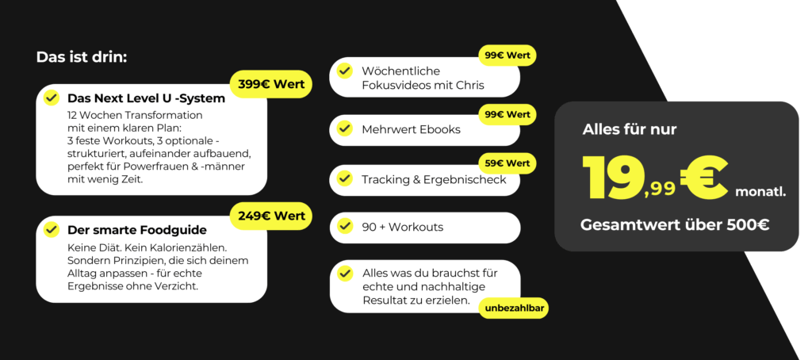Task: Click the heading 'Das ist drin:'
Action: [82, 57]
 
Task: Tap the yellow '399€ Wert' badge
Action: [270, 83]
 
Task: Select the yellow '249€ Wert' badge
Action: [270, 215]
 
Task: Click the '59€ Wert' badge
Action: [507, 163]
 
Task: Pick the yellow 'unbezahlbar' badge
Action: [513, 307]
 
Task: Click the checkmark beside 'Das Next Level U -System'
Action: [52, 98]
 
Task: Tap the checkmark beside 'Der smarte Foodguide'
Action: [52, 229]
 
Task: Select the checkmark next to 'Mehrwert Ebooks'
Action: [344, 128]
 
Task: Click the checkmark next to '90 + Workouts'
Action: [344, 227]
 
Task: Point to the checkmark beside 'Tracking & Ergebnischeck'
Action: [344, 178]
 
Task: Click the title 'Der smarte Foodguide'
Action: [137, 230]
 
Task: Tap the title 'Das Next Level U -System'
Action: [146, 98]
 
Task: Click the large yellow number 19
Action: [613, 177]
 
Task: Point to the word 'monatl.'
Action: [760, 191]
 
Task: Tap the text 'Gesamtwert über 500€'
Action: [675, 224]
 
